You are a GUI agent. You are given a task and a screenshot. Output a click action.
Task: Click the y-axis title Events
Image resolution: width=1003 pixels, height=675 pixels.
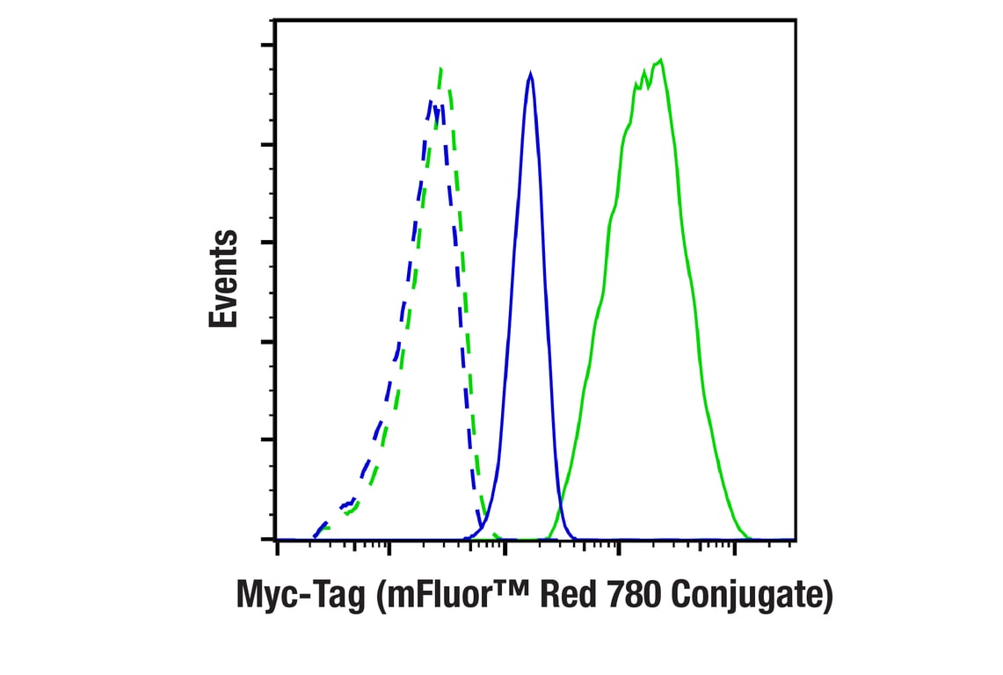click(x=223, y=279)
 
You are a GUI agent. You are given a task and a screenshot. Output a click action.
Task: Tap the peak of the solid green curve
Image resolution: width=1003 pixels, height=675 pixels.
click(x=660, y=60)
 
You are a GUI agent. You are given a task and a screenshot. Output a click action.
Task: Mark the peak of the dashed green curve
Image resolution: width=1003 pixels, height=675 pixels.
click(x=440, y=68)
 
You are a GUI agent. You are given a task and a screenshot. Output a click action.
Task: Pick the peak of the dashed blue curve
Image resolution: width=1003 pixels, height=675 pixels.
click(x=432, y=101)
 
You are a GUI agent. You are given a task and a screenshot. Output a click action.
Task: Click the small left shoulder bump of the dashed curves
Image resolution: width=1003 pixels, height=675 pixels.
click(x=351, y=504)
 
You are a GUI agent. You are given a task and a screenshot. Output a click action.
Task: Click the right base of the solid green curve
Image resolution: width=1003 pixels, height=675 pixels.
click(x=747, y=537)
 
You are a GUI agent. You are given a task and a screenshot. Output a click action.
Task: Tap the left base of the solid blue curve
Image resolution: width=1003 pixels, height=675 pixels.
click(x=469, y=537)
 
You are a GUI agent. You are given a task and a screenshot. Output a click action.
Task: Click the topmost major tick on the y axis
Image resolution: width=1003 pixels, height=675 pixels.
click(x=267, y=46)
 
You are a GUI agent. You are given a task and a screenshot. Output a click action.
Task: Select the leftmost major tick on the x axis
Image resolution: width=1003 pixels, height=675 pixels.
click(x=278, y=548)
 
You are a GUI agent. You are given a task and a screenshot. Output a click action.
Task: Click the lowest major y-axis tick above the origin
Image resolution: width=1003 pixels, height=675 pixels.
click(x=267, y=439)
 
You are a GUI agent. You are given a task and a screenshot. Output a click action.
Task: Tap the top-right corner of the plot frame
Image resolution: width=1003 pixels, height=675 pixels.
click(x=796, y=20)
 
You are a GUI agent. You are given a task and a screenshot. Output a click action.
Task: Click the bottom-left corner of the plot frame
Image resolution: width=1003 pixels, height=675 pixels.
click(x=276, y=539)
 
